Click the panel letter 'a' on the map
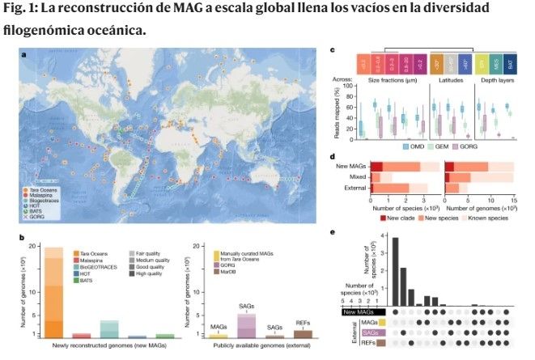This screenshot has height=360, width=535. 24,56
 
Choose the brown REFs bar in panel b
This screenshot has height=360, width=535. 302,333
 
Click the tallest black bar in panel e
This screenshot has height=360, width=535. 395,273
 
